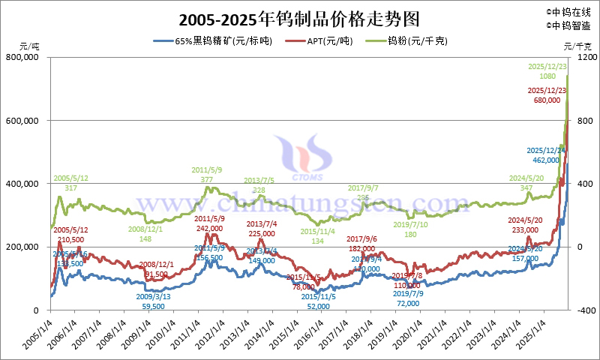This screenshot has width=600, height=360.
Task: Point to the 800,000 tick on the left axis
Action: click(26, 57)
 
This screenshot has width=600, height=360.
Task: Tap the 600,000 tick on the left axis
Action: click(26, 120)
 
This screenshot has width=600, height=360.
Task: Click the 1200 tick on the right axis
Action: click(586, 57)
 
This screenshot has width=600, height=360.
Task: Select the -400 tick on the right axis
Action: click(586, 310)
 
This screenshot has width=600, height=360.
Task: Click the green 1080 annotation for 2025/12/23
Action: click(547, 76)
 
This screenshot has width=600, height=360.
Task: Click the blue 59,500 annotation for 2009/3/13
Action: click(153, 307)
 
